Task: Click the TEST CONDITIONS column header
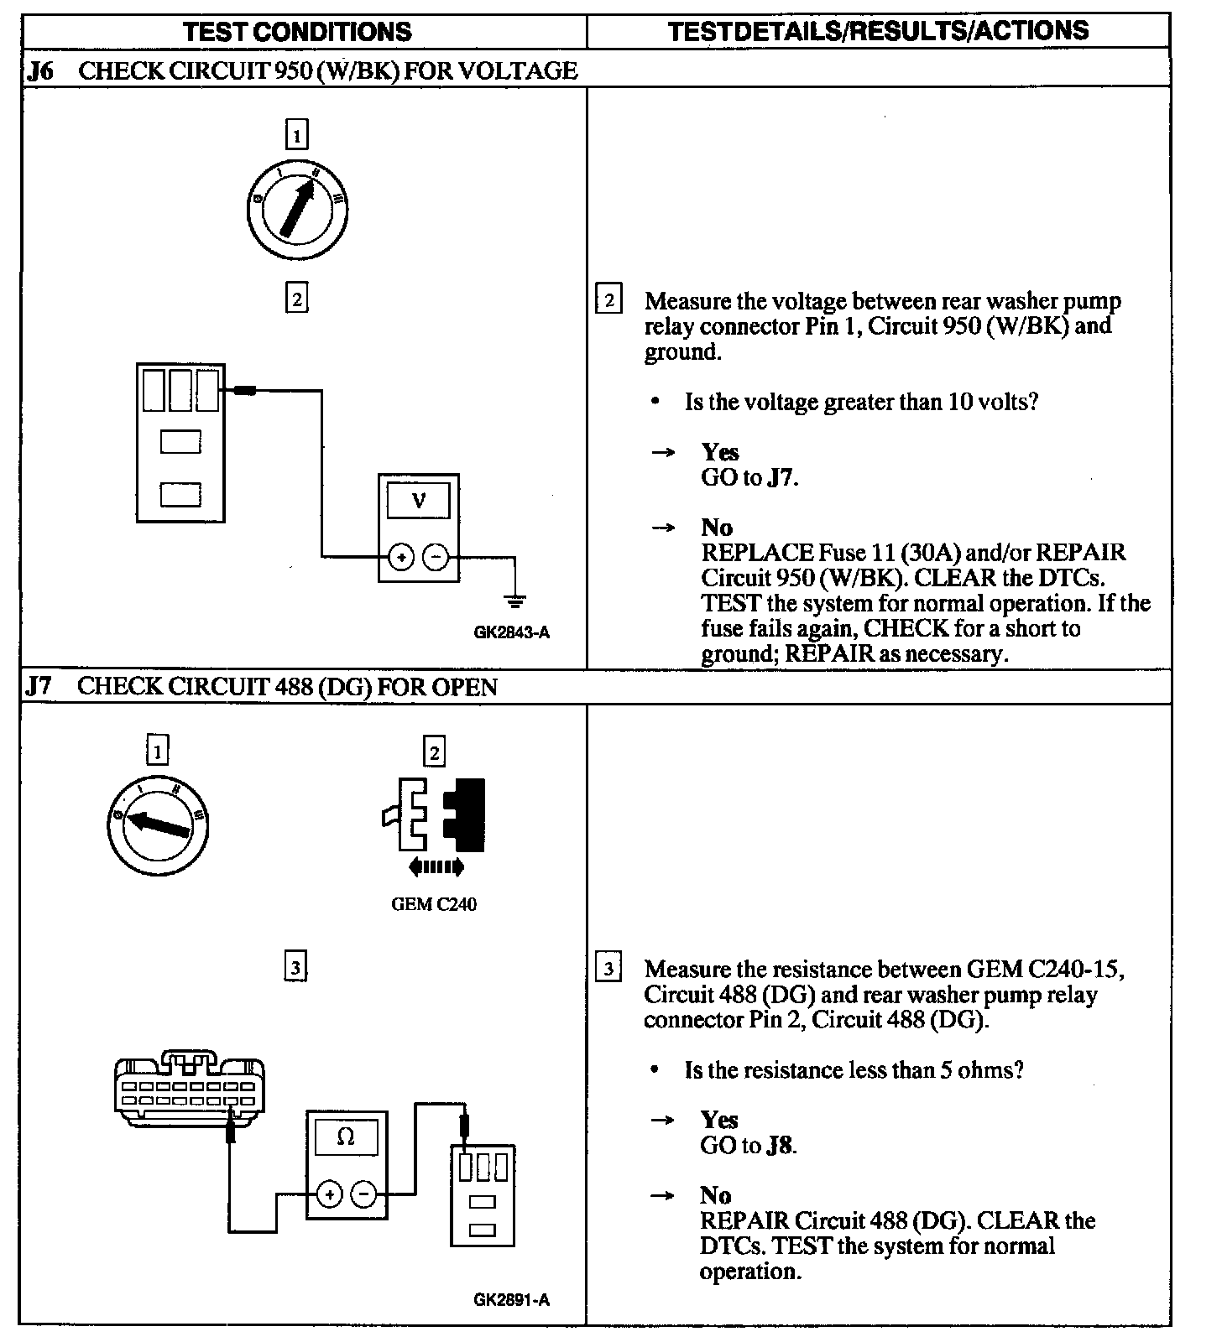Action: (x=297, y=33)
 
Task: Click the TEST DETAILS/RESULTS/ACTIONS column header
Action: (x=878, y=31)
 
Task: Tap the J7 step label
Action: (x=39, y=687)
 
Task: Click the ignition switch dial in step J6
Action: (x=298, y=210)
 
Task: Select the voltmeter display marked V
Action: (x=418, y=502)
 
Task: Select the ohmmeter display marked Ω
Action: (x=345, y=1137)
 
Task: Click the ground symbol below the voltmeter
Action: (x=514, y=601)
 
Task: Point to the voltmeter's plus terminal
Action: (x=401, y=556)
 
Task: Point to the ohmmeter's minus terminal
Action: (x=363, y=1194)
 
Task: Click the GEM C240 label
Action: (x=434, y=905)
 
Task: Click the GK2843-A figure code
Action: (x=511, y=633)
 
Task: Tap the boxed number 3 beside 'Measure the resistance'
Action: (x=608, y=970)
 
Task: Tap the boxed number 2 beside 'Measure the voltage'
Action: (x=608, y=300)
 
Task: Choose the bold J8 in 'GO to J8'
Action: (x=780, y=1146)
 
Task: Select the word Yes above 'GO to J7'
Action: (x=720, y=452)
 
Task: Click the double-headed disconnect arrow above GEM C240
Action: (x=436, y=866)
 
